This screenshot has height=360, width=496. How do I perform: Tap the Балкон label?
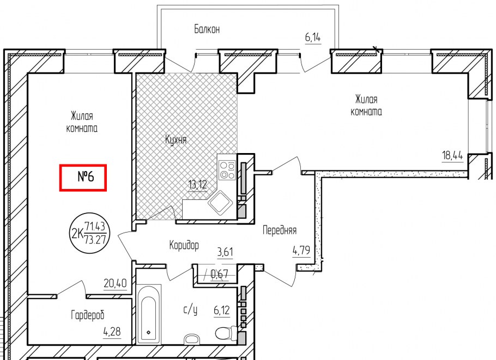(x=207, y=29)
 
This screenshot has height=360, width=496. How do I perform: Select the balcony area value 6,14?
(x=313, y=38)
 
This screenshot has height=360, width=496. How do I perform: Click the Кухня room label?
(x=176, y=140)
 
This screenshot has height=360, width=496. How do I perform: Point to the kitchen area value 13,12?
(x=198, y=185)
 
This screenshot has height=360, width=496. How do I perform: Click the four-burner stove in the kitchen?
(x=227, y=170)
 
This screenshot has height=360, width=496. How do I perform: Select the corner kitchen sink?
(x=220, y=202)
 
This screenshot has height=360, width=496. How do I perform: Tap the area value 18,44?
(x=452, y=156)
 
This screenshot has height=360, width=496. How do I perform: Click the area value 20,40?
(x=115, y=283)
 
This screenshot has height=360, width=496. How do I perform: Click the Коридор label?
(x=184, y=246)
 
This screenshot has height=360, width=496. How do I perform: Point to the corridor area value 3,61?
(x=225, y=252)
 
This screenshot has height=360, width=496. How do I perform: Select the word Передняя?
(x=280, y=230)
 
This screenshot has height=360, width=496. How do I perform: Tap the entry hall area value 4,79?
(x=301, y=251)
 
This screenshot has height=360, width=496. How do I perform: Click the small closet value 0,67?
(x=220, y=274)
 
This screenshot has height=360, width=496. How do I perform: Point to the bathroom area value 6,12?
(x=222, y=311)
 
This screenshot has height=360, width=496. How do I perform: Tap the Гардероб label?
(x=88, y=315)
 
